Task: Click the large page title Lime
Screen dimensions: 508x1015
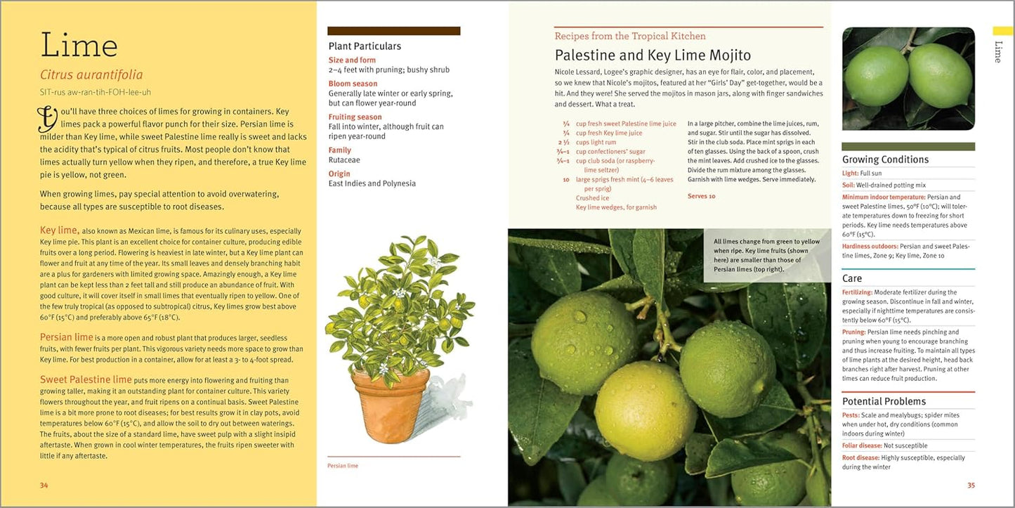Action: click(x=79, y=46)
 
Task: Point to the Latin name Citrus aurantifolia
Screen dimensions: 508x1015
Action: click(x=91, y=74)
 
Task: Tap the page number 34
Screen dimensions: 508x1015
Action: click(x=44, y=485)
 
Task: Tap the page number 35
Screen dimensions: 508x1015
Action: click(x=971, y=485)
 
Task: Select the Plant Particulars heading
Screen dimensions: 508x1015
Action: click(x=365, y=46)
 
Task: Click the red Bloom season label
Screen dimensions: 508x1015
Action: click(x=353, y=84)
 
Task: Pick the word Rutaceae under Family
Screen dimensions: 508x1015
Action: click(x=345, y=159)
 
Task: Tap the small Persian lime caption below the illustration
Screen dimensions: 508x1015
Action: click(x=343, y=466)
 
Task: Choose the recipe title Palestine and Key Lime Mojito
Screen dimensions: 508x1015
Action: click(x=653, y=56)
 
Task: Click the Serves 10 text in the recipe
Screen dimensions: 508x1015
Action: click(x=701, y=196)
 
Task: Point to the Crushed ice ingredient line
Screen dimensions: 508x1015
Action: click(x=591, y=198)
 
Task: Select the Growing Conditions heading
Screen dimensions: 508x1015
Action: click(x=885, y=159)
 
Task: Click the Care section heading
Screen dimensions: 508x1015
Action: click(x=852, y=278)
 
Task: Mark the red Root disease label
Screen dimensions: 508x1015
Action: click(x=860, y=458)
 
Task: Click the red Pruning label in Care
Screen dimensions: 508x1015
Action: click(x=853, y=332)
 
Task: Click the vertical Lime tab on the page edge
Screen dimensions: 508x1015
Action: click(x=997, y=51)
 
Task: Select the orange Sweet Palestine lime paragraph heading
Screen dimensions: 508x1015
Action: click(x=86, y=380)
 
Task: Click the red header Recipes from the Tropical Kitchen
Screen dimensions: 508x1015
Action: click(x=630, y=37)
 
